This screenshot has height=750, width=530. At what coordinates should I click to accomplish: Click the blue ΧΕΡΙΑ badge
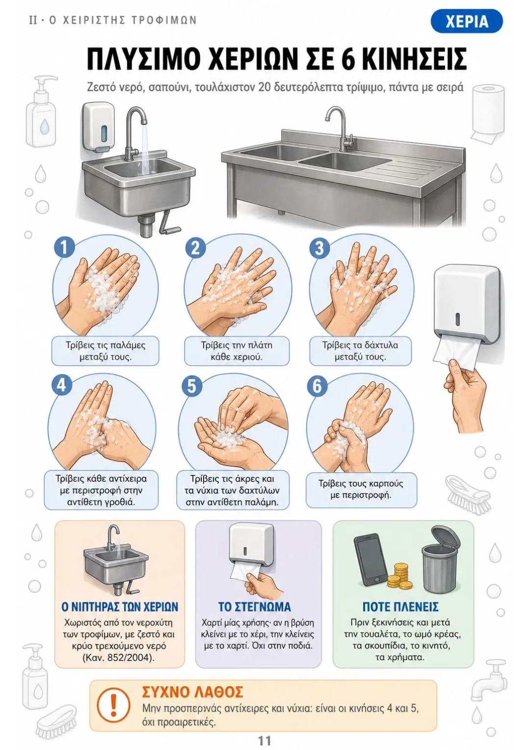coord(466,21)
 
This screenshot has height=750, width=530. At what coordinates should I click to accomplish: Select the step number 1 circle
coord(64,247)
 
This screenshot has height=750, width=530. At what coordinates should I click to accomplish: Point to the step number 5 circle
coord(191,386)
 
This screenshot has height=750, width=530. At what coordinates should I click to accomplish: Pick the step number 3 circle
coord(320,248)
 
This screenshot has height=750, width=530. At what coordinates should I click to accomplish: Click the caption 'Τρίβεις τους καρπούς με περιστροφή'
coord(361,489)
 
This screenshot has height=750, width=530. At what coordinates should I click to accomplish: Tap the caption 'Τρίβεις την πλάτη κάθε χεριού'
coord(237,350)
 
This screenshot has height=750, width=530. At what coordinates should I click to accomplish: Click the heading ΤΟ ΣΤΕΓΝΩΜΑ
coord(255,606)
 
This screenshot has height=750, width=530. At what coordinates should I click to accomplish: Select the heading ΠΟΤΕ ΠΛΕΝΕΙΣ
coord(400,606)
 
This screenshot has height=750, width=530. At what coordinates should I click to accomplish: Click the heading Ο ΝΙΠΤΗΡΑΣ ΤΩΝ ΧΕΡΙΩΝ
coord(120,606)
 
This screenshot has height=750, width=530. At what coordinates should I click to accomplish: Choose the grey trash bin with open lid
coord(439,558)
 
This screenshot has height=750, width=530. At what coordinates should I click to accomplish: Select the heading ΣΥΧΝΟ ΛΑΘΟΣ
coord(192,691)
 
